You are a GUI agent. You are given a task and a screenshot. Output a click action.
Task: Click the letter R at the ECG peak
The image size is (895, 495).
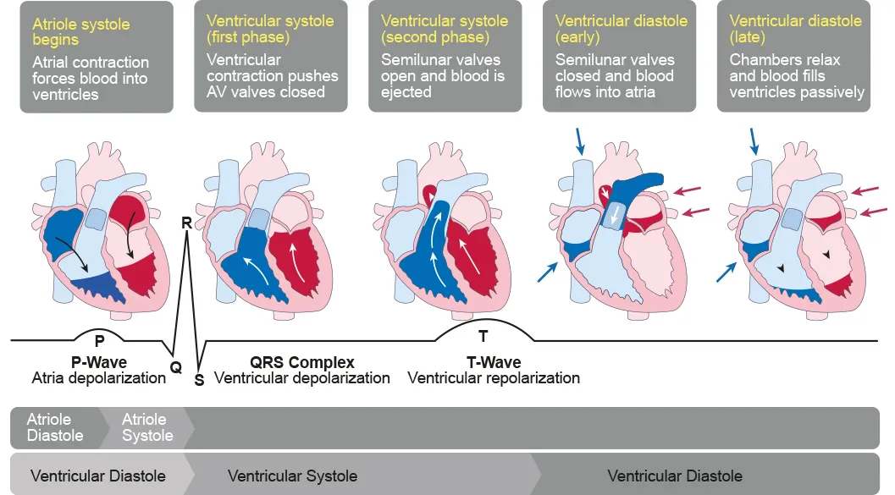186,223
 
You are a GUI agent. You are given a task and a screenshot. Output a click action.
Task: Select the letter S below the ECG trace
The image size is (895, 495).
200,380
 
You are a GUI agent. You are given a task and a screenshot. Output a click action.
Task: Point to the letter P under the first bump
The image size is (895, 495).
99,342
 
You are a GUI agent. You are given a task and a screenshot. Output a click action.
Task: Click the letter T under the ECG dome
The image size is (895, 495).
483,337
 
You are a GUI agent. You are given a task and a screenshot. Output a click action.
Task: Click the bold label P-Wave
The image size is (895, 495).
99,362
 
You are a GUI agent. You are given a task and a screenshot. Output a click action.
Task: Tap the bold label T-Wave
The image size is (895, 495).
494,362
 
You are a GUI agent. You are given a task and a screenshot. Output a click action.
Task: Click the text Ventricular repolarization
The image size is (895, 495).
494,377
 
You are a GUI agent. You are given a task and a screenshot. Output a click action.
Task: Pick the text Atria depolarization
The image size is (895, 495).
99,377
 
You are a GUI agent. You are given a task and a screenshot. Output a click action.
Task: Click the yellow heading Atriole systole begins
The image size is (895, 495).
80,31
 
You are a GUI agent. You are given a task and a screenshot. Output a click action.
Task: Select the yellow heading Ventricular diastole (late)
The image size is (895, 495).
795,28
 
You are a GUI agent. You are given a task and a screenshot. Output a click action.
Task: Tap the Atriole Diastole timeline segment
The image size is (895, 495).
55,427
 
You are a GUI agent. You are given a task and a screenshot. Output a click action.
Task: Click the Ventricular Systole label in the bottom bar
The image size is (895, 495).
292,476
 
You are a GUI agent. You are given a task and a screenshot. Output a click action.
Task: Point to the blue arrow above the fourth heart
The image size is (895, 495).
580,140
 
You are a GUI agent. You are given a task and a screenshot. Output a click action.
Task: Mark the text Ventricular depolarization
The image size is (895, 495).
302,377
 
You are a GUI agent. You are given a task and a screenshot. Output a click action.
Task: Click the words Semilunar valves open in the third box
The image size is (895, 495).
440,68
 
